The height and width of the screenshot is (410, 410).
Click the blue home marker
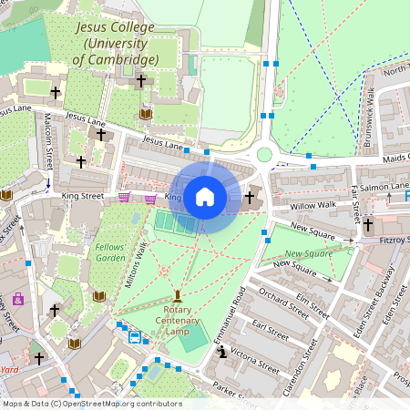204,197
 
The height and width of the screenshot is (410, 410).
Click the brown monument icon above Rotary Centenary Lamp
177,296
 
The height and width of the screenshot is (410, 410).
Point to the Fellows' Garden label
110,252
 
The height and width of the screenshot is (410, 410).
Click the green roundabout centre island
265,155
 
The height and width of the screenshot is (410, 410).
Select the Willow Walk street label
313,205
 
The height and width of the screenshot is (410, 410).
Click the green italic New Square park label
308,253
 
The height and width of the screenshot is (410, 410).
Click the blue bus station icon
135,337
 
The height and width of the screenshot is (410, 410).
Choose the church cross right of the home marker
249,197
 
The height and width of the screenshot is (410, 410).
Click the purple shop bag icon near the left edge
17,298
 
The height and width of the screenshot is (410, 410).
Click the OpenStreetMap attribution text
91,404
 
